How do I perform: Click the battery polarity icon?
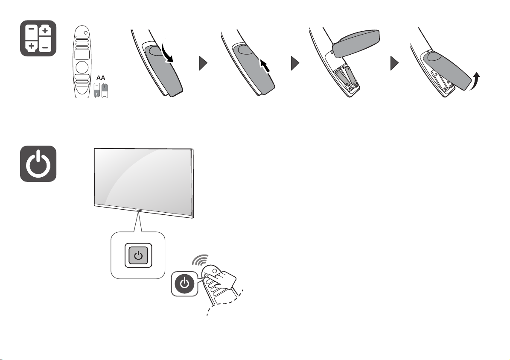coord(38,38)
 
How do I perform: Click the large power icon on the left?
coord(38,164)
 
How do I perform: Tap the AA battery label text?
coord(101,78)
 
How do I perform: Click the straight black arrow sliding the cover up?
coord(265,66)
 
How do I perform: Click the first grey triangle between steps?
coord(203,63)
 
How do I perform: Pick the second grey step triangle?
coord(295,63)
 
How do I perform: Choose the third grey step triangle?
coord(394,63)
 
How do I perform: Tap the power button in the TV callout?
coord(138,255)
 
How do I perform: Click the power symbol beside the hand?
coord(184,284)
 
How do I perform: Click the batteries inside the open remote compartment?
coord(345,76)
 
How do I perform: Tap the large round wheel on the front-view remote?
coord(82,67)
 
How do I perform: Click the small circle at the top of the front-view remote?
coord(86,33)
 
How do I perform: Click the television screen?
coord(143,178)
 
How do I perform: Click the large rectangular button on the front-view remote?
coord(82,54)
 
